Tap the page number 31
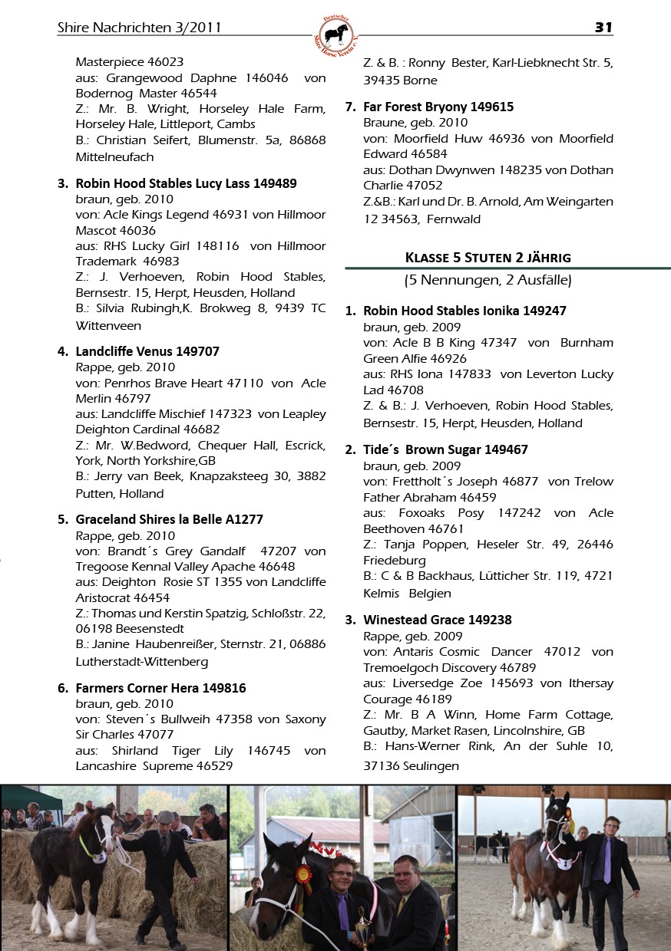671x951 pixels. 603,28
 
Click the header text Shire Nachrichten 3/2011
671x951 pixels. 139,28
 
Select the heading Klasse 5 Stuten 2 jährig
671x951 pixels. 488,257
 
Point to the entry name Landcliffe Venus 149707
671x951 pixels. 147,351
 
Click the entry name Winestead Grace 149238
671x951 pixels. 437,620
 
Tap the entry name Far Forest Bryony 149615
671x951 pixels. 438,107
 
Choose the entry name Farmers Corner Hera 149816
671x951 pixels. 160,688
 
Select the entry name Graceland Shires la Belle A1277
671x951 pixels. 169,519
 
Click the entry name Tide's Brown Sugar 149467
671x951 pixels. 445,449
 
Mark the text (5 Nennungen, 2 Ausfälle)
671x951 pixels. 488,281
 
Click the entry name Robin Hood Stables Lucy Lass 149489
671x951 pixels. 186,183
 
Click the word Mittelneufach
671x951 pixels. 114,156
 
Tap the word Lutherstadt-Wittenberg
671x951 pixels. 141,661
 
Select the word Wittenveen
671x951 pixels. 108,325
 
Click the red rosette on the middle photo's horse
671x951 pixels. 303,874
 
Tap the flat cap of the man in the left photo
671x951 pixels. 164,816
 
